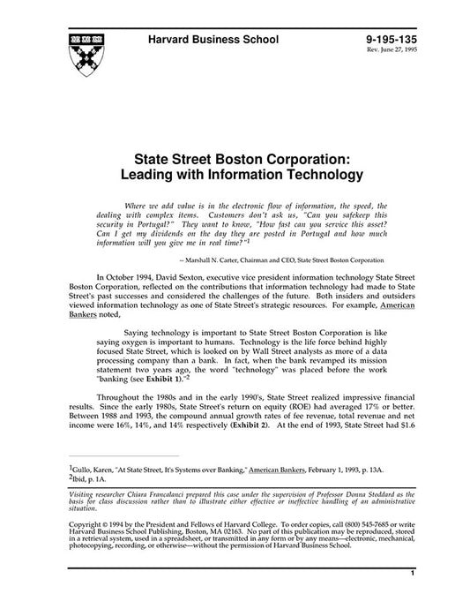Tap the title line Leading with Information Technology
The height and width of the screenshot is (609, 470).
click(x=235, y=176)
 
